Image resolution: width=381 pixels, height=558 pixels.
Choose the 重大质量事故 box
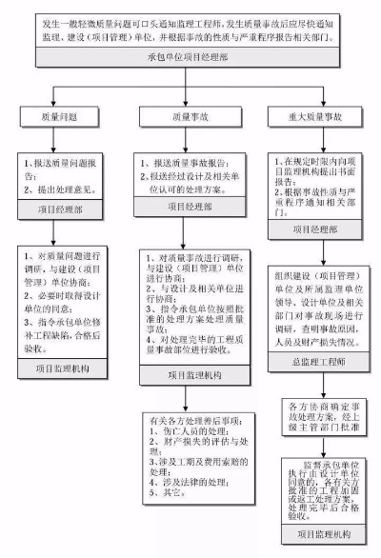(312, 117)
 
